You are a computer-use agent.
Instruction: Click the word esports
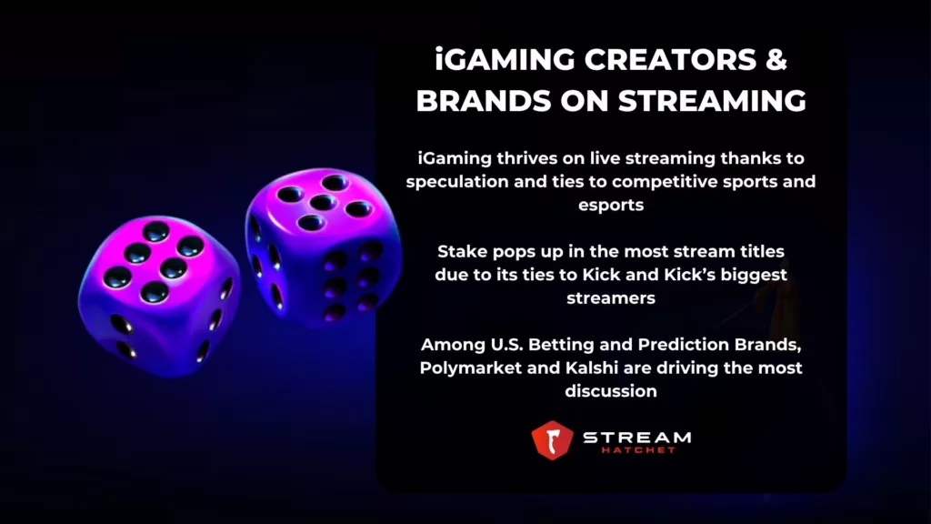611,205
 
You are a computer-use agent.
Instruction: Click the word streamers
611,297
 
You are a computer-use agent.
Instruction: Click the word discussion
611,391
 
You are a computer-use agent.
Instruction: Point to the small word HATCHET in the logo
636,450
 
